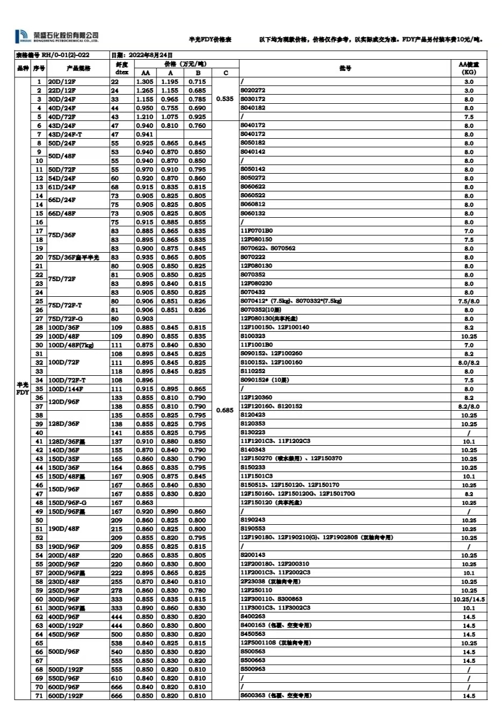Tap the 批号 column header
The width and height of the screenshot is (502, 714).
point(345,68)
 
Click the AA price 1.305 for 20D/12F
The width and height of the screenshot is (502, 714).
point(145,82)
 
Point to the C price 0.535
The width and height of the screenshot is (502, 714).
point(225,99)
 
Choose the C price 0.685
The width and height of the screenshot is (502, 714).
point(225,410)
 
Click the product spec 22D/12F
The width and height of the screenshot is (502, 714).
point(62,90)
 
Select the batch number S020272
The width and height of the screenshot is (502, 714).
point(253,90)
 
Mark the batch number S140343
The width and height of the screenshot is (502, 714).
point(253,450)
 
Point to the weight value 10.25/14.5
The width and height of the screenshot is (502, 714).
point(469,599)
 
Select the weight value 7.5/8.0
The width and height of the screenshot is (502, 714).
point(469,302)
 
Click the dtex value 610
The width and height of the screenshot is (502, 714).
point(117,678)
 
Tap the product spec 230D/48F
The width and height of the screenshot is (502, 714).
point(64,582)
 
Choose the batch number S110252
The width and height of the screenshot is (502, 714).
point(253,372)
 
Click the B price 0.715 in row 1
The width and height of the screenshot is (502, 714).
point(197,82)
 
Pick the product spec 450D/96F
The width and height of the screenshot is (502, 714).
point(64,634)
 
